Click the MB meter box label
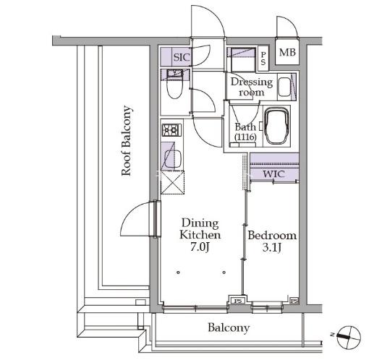click(287, 52)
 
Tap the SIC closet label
click(182, 57)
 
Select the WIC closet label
click(273, 174)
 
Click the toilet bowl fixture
click(174, 88)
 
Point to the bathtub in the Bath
click(277, 127)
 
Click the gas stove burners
click(171, 130)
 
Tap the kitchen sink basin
click(173, 159)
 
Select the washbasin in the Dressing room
click(284, 87)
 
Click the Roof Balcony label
click(127, 141)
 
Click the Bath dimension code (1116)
click(245, 137)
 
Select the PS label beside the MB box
click(263, 59)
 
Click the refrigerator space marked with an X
click(172, 182)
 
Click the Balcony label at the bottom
click(229, 328)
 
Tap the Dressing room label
click(252, 87)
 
